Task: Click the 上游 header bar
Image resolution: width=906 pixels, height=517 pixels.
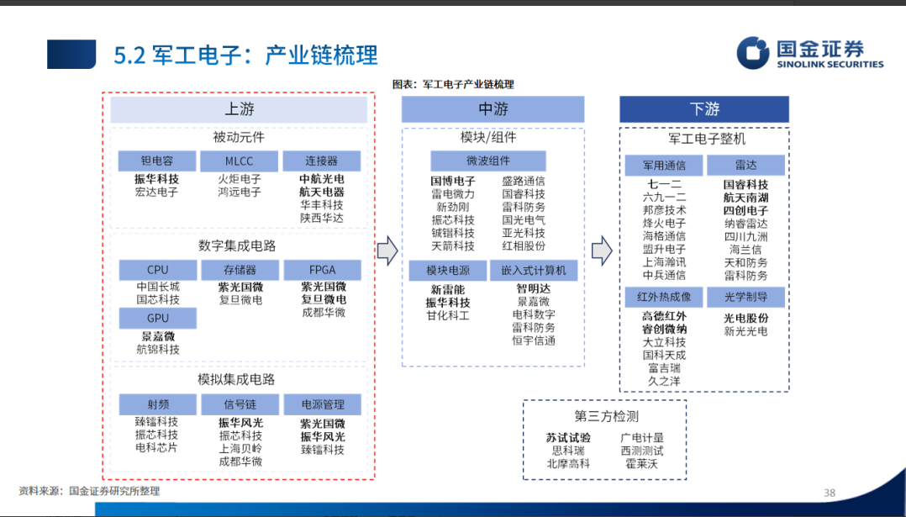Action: [239, 109]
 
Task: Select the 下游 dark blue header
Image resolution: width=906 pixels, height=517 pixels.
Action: [703, 109]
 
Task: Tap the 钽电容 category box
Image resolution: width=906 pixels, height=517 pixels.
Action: [157, 161]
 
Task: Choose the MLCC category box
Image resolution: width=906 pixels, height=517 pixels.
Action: [239, 161]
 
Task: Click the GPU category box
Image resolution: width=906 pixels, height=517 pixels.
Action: [157, 318]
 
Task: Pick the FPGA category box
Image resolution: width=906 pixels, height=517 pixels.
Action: [322, 270]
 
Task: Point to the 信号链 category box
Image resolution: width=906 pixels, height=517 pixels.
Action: [240, 404]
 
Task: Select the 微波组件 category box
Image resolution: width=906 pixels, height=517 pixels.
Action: [487, 161]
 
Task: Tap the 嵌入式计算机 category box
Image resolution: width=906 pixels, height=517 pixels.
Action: [534, 270]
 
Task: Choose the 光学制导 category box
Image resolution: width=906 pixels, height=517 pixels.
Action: [745, 297]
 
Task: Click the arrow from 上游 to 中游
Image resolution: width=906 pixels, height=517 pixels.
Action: [387, 250]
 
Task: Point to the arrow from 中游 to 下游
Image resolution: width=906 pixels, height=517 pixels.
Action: [601, 250]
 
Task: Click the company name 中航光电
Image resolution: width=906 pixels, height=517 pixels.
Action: [322, 179]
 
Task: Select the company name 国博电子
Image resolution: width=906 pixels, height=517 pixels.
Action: [453, 181]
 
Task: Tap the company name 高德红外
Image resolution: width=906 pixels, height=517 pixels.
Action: [664, 316]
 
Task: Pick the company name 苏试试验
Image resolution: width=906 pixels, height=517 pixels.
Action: [568, 438]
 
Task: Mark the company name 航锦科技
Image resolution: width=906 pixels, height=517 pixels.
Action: [157, 349]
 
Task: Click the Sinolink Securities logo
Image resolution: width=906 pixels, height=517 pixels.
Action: [809, 52]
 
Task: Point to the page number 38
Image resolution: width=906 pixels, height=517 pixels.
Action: [829, 493]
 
